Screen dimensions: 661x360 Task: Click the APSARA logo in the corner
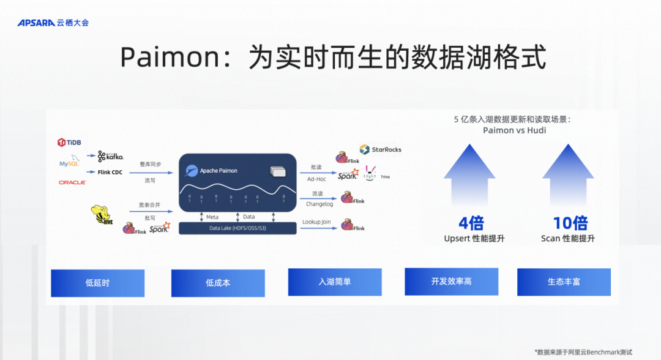[x=53, y=23]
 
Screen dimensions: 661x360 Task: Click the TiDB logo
[x=69, y=142]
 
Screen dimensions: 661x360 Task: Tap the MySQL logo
[x=69, y=163]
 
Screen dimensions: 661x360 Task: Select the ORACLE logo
[x=72, y=182]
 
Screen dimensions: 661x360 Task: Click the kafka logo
[x=110, y=157]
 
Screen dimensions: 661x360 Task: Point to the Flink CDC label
[x=110, y=173]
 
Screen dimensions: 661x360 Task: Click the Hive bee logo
[x=102, y=215]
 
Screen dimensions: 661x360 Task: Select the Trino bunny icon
[x=371, y=173]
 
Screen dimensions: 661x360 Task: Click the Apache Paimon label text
[x=218, y=171]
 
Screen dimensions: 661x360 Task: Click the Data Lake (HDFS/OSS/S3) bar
[x=237, y=228]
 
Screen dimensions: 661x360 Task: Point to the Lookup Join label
[x=316, y=222]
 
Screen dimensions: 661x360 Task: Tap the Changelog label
[x=319, y=204]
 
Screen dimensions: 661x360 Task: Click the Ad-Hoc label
[x=316, y=179]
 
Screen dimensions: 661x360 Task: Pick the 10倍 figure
[x=570, y=223]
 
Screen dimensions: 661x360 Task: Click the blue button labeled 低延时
[x=98, y=283]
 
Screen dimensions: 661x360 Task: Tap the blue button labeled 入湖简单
[x=335, y=282]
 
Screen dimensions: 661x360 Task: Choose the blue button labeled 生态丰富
[x=564, y=282]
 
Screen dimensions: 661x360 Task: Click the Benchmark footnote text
[x=583, y=352]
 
